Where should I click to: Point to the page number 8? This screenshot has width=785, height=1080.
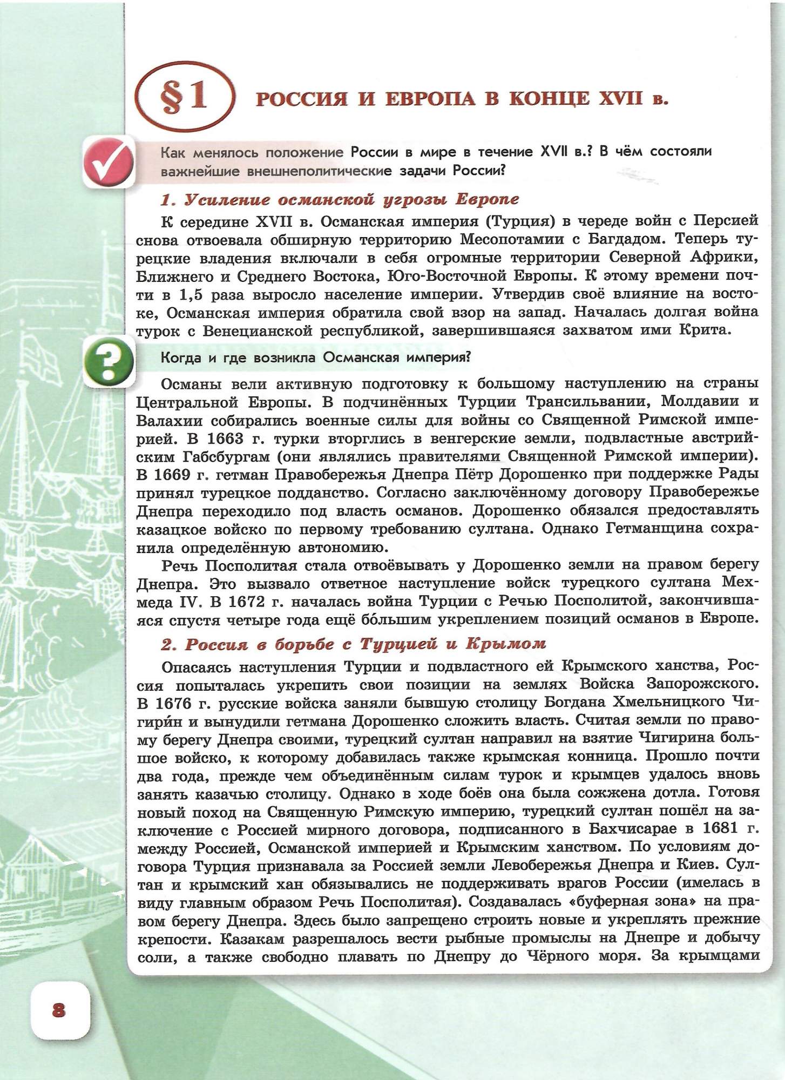coord(59,1010)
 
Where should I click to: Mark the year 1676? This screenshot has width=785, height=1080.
coord(175,704)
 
